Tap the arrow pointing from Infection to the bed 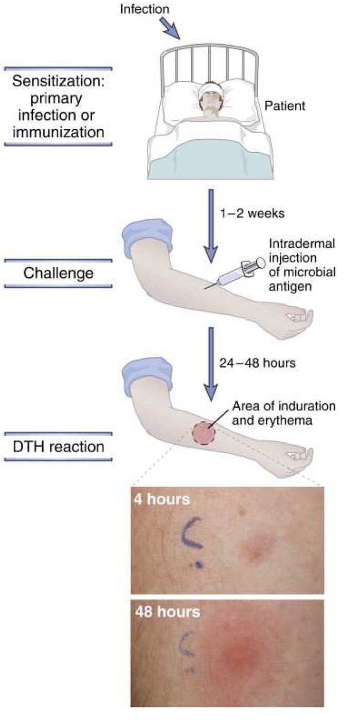(170, 29)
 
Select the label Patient (285, 106)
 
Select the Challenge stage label (59, 273)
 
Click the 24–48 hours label (264, 364)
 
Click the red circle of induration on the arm (205, 434)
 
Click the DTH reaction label (59, 446)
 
